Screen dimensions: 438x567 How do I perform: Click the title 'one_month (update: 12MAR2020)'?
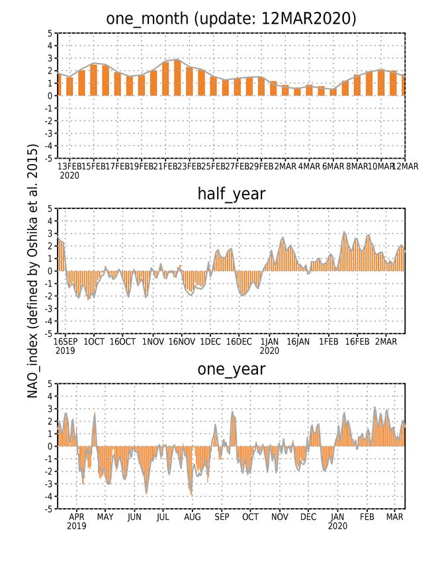[x=231, y=18]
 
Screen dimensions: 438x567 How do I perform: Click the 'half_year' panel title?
[x=232, y=194]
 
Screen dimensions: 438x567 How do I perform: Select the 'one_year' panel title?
[x=232, y=369]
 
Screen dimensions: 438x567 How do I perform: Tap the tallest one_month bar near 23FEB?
[x=177, y=78]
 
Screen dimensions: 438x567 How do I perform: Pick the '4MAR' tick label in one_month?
[x=309, y=166]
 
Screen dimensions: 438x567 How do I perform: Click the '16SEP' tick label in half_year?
[x=66, y=341]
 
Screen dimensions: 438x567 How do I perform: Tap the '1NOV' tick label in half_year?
[x=153, y=341]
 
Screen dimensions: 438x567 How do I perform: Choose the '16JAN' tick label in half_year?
[x=298, y=341]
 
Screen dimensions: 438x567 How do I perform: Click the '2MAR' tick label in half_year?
[x=386, y=341]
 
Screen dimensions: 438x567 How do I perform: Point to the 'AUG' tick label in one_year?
[x=193, y=517]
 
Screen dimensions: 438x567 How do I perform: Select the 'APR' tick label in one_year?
[x=76, y=517]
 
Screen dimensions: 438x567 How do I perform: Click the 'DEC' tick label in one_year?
[x=308, y=517]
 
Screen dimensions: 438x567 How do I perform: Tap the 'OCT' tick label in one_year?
[x=250, y=517]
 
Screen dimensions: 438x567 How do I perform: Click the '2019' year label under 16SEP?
[x=65, y=351]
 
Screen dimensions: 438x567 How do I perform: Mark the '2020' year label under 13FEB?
[x=69, y=176]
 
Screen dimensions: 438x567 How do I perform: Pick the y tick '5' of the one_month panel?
[x=50, y=34]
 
